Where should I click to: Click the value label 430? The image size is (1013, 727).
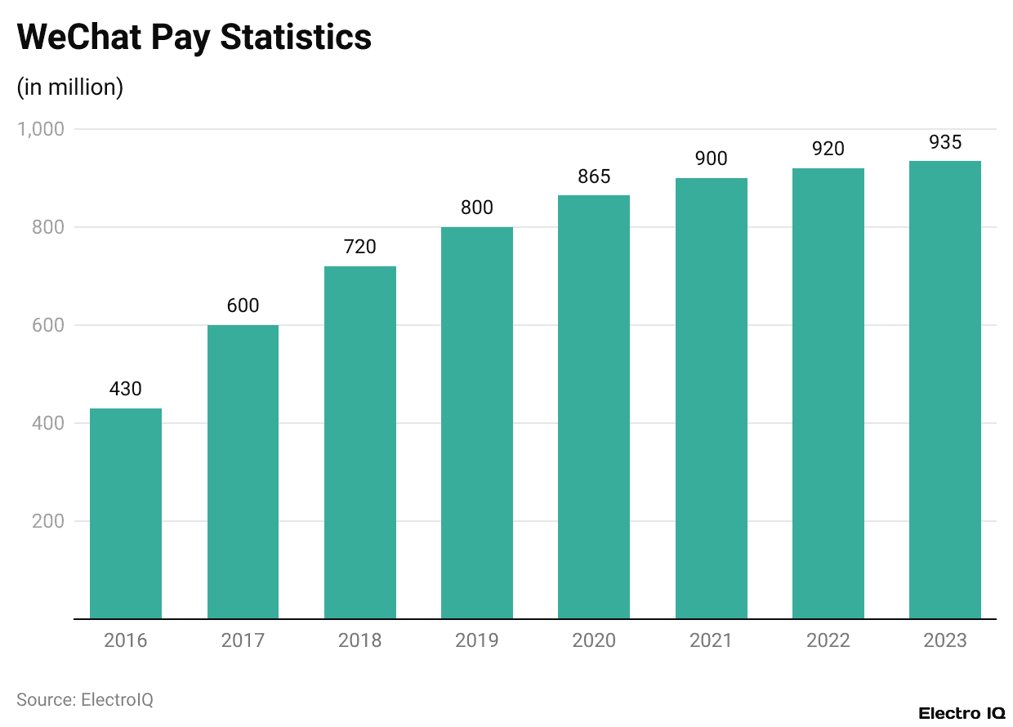coord(126,390)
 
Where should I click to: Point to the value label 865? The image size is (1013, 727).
coord(594,176)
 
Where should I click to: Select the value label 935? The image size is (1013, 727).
coord(945,142)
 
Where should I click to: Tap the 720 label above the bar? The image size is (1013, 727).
coord(359,248)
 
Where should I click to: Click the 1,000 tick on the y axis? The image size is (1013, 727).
coord(41,129)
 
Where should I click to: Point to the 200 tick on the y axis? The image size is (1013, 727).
coord(48,521)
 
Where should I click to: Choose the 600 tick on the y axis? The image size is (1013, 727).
coord(48,325)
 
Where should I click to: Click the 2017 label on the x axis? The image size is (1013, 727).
coord(243,640)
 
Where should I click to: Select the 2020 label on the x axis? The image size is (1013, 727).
coord(594,640)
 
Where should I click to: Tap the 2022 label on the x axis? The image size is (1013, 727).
coord(828,640)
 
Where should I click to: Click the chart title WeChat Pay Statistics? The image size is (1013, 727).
coord(194,37)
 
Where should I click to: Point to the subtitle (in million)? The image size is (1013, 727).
coord(70,87)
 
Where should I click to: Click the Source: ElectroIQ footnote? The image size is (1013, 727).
coord(85,700)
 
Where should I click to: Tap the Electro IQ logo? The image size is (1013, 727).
coord(962,713)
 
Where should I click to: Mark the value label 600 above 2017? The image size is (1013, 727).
coord(243,306)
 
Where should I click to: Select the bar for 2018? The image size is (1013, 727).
coord(359,442)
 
